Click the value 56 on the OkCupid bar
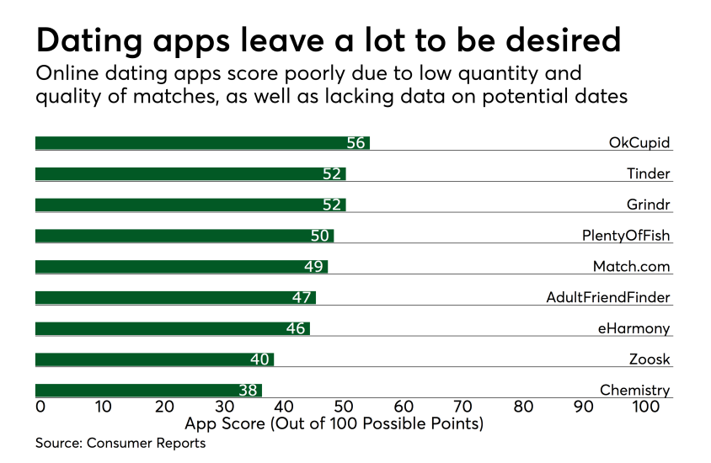(x=355, y=143)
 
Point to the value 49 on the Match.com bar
(x=313, y=267)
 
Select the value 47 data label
(x=302, y=297)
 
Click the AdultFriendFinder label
(x=608, y=297)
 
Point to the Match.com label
(x=631, y=267)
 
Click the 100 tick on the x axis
(x=646, y=407)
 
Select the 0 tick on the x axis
(x=40, y=407)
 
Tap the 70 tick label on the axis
(x=463, y=407)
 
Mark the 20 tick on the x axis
(x=163, y=407)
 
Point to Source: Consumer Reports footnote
(x=120, y=443)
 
